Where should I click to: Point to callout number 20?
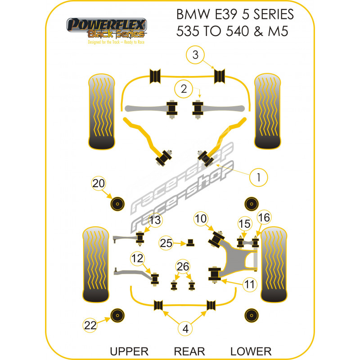pos(99,183)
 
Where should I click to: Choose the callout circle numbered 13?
pos(154,220)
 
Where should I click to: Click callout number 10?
pos(201,219)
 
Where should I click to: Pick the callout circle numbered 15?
pos(244,224)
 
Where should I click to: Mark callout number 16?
pos(263,218)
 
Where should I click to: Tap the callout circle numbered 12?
pos(137,258)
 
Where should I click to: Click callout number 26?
pos(183,267)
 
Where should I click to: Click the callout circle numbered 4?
pos(185,329)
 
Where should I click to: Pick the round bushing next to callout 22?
pos(118,315)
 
